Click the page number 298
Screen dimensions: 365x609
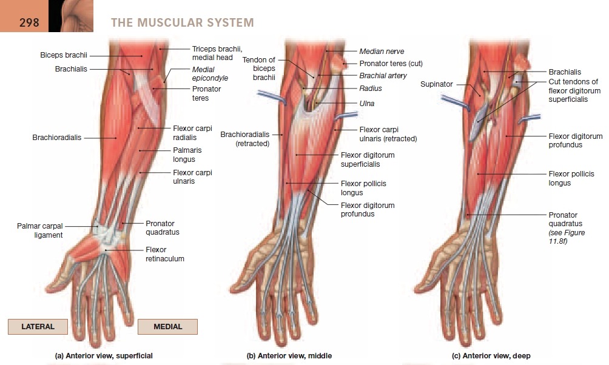[29, 22]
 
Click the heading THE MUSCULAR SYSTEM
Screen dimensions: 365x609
[182, 23]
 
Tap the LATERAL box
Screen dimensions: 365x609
[38, 326]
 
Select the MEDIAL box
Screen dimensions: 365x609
[167, 326]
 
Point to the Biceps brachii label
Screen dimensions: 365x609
[64, 55]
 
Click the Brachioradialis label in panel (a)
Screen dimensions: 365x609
[56, 138]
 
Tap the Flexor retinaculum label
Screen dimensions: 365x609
[164, 254]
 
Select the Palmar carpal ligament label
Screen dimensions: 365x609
[39, 230]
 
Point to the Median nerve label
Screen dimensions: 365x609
[382, 52]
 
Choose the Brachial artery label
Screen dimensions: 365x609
[383, 76]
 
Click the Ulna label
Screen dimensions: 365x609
[367, 104]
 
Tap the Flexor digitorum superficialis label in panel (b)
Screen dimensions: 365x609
[368, 159]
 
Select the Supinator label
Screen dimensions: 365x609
[436, 84]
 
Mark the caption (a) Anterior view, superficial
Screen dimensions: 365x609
[104, 356]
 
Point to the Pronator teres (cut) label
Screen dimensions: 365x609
[391, 63]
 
